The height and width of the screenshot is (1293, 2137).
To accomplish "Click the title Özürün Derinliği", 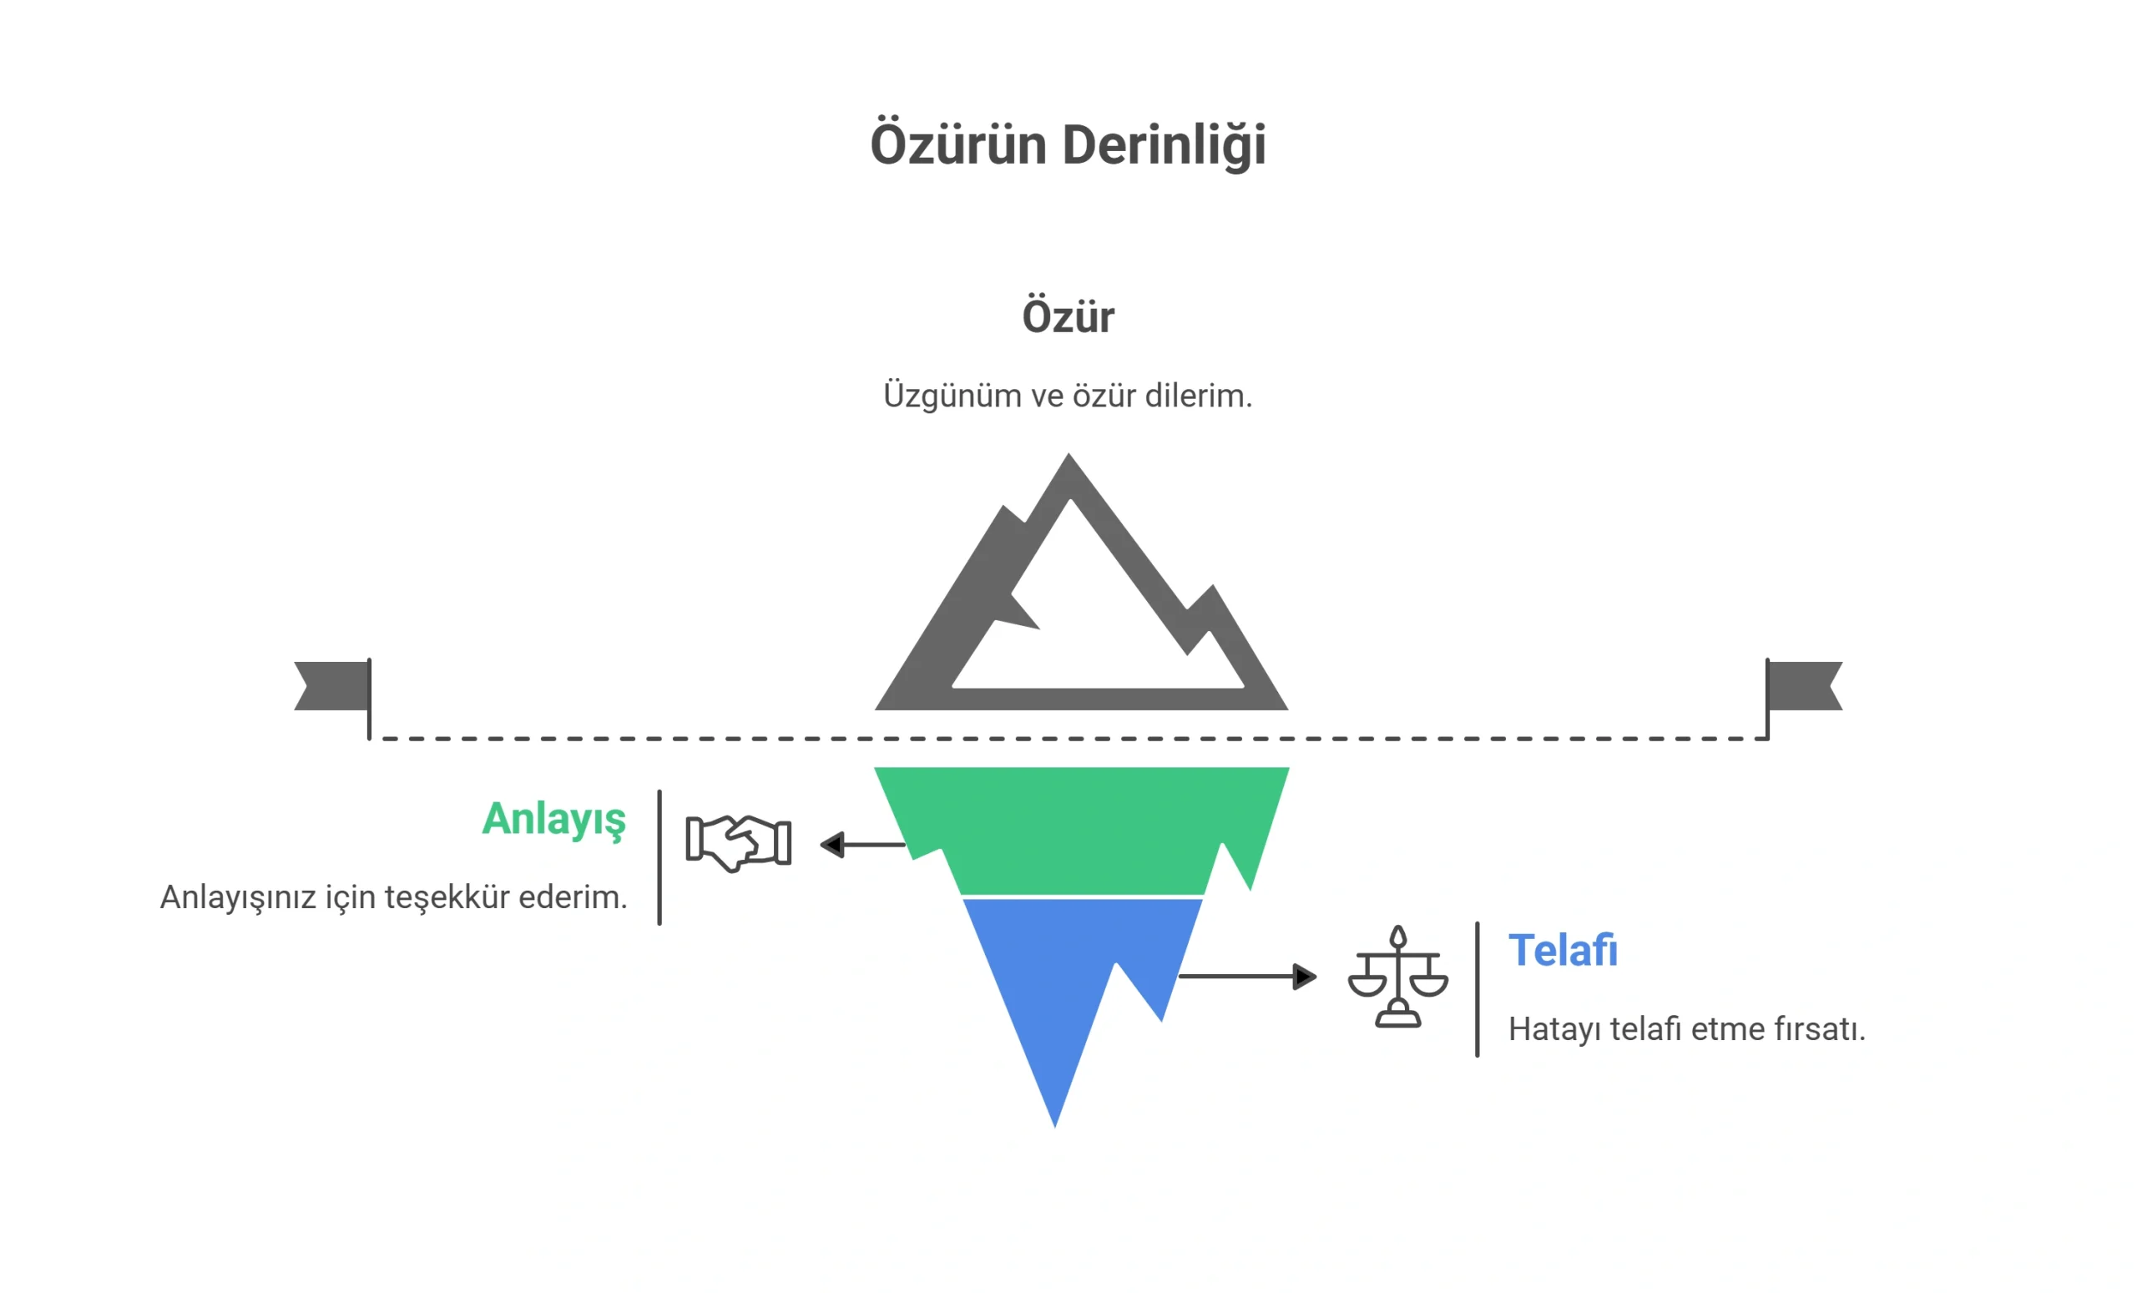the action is coord(1068,144).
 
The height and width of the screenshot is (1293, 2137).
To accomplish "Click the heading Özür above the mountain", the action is coord(1068,316).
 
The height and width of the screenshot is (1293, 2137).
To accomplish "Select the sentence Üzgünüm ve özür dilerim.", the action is coord(1068,396).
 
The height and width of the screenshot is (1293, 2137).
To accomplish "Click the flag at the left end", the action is coord(333,687).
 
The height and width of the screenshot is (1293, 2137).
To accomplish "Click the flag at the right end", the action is coord(1804,687).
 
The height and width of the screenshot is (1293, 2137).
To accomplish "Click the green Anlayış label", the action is coord(554,820).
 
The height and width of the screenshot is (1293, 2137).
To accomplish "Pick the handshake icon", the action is coord(738,843).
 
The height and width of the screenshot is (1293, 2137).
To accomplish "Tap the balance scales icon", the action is coord(1398,977).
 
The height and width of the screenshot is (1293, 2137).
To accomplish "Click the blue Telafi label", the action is coord(1563,951).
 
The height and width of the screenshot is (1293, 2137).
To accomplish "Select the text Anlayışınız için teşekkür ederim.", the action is coord(394,897).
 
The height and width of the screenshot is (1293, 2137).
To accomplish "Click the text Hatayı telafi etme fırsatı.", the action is coord(1687,1029).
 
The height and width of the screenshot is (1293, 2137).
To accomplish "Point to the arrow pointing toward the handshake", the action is coord(863,845).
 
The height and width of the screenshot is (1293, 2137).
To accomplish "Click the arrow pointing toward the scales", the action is coord(1248,977).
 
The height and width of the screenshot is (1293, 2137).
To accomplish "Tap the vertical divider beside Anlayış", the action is coord(659,857).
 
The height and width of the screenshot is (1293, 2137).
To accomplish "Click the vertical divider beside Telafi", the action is coord(1477,989).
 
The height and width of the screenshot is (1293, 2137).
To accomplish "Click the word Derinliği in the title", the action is coord(1164,144).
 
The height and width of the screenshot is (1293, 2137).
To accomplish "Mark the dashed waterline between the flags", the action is coord(1068,739).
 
